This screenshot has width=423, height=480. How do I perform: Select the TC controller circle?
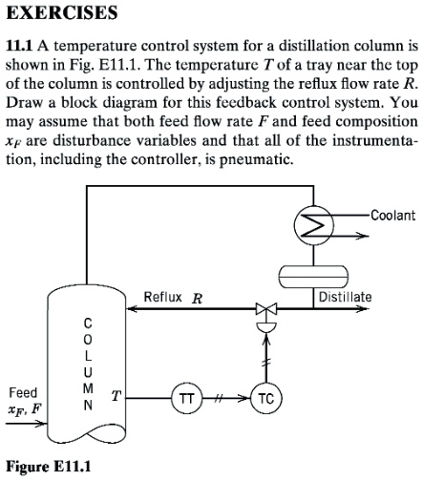264,398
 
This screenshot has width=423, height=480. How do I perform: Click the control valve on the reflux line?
264,309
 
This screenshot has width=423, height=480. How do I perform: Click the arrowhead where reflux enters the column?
126,309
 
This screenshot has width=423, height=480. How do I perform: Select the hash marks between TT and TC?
225,398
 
